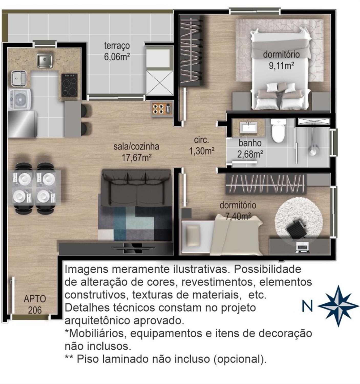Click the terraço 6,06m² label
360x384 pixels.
pos(117,51)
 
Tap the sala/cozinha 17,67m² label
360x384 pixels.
pos(136,152)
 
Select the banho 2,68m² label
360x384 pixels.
pos(250,149)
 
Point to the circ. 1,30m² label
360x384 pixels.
pos(202,146)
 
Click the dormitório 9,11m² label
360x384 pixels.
pos(281,60)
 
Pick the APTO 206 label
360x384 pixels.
pos(35,304)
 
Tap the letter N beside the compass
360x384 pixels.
pos(308,306)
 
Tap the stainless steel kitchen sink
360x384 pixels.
pos(45,61)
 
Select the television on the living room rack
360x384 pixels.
pos(133,248)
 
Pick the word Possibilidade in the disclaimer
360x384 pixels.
pos(268,269)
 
